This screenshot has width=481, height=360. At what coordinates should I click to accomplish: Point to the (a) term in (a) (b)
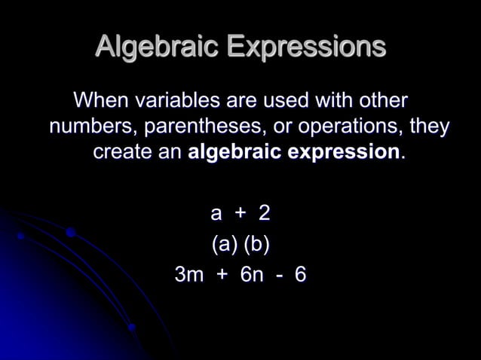[x=224, y=245]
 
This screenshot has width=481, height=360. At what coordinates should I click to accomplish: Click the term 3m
[x=188, y=275]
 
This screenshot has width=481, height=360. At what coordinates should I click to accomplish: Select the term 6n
[x=252, y=275]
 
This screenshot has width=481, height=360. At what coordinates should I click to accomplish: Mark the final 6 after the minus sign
[x=300, y=275]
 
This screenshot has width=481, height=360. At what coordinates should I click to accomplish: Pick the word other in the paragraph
[x=384, y=99]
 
